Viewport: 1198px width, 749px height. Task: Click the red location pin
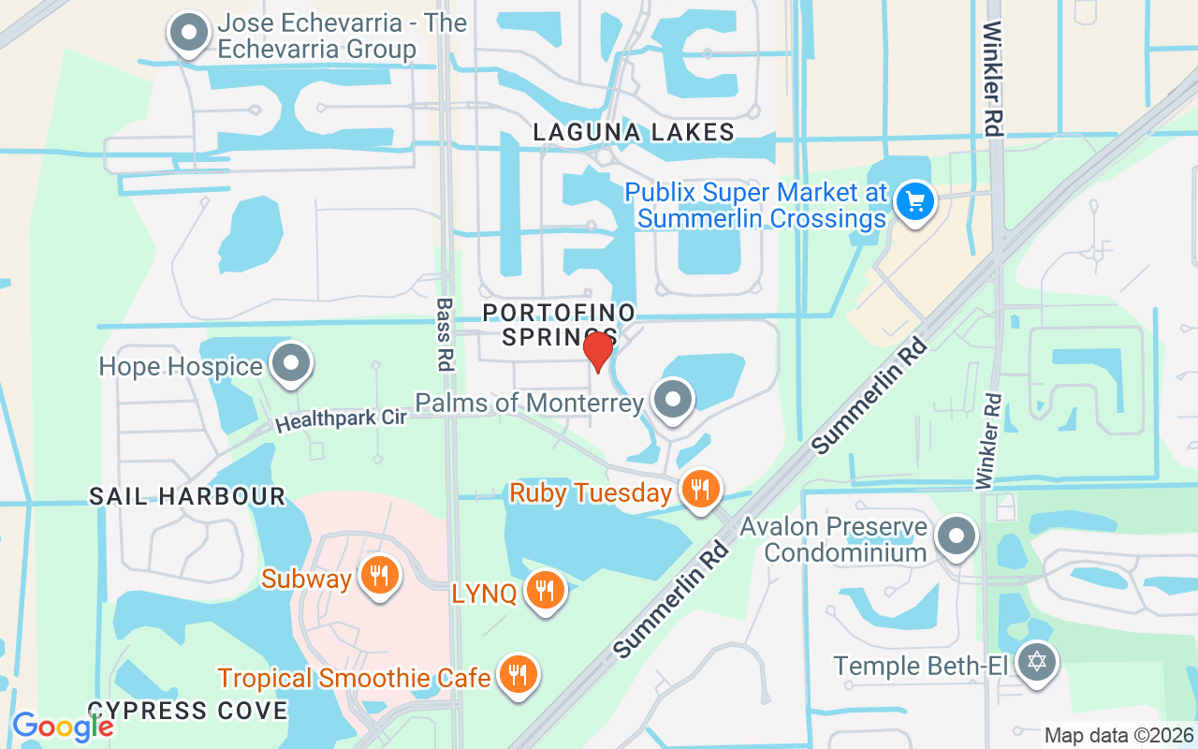[598, 351]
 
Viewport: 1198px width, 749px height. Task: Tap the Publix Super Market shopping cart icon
[914, 201]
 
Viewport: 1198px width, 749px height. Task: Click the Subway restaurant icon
[378, 577]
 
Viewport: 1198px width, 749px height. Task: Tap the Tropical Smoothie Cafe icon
[515, 675]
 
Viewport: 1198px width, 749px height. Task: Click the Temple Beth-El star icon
[1036, 664]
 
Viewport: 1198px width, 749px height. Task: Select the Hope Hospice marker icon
[290, 364]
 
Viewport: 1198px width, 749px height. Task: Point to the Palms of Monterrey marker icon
[672, 401]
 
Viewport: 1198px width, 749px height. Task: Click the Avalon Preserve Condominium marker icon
[957, 537]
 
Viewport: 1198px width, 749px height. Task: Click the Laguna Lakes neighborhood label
[634, 132]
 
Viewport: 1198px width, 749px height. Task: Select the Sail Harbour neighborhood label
[187, 495]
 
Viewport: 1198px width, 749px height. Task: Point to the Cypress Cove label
[187, 710]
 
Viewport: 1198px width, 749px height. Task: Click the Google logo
[63, 727]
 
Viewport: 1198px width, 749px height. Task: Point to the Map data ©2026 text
[1118, 736]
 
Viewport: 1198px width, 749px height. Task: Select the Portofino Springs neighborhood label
[559, 324]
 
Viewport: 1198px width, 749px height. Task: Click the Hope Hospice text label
[181, 366]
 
